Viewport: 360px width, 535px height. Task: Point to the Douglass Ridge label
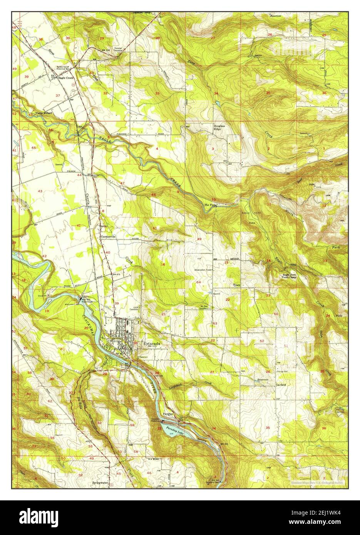click(x=219, y=128)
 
